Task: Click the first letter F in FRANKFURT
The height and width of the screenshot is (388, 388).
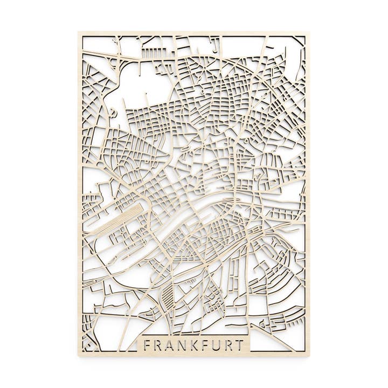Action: point(147,345)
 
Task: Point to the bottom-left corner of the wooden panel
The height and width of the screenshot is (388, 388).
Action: point(79,356)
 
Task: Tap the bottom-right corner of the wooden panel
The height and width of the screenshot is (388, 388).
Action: point(309,356)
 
